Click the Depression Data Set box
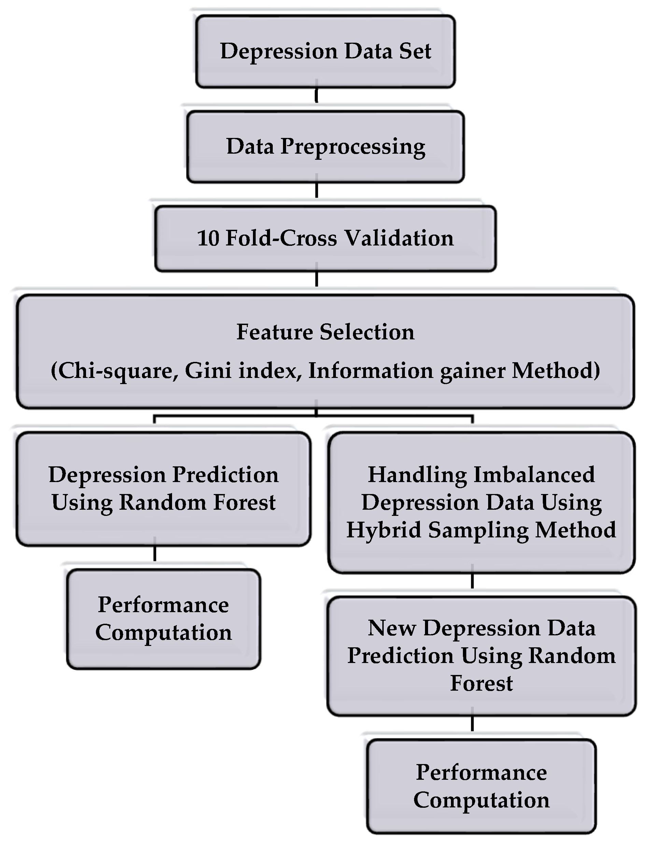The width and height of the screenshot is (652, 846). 325,52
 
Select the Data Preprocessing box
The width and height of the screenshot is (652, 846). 325,146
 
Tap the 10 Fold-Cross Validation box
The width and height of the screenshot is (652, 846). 325,238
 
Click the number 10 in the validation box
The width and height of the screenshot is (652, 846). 208,238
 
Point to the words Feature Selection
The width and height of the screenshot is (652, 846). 325,332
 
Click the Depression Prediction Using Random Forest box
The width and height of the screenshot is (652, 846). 163,489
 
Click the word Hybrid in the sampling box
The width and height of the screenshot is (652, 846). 384,530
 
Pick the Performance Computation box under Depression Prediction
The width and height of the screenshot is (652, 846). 163,619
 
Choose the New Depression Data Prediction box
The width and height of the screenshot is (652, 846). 481,655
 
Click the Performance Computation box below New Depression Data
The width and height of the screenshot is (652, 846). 481,786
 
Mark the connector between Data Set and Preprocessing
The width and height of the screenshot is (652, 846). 316,95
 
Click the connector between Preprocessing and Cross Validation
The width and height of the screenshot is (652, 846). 316,190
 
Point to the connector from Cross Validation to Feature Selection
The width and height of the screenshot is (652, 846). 316,279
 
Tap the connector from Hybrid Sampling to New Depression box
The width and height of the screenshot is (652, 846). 472,581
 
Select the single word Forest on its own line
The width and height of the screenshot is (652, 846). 481,683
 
